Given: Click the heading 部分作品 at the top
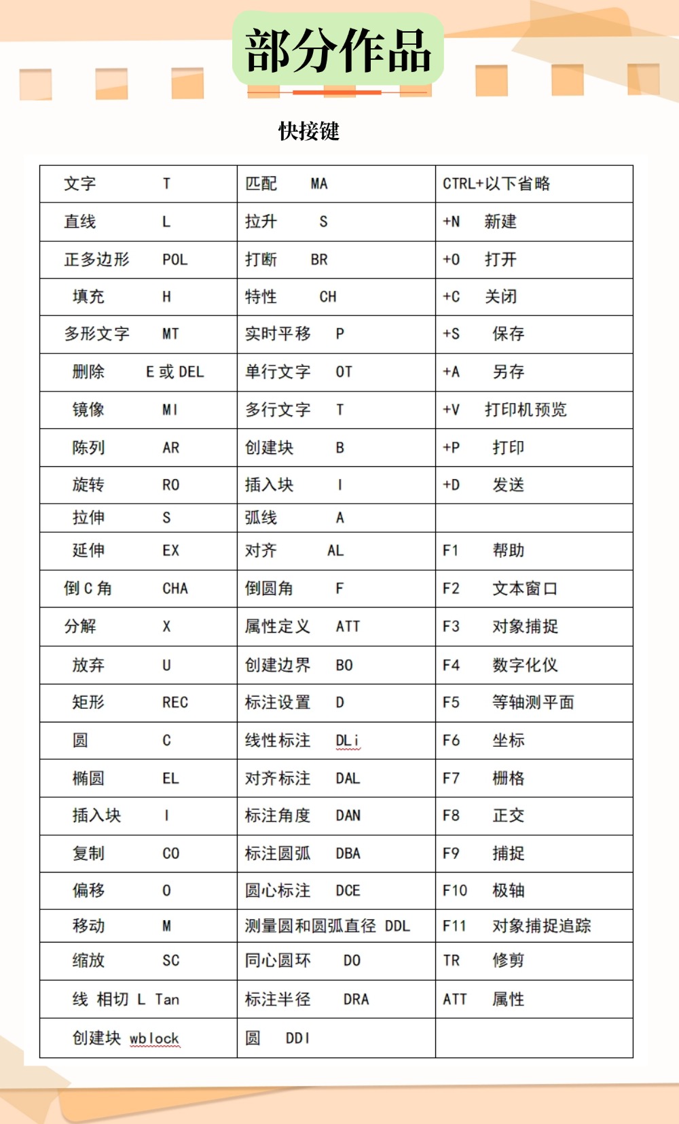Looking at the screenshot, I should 338,51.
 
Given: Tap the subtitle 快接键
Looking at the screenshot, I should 309,131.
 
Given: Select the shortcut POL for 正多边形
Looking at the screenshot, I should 175,260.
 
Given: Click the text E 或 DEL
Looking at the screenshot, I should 175,372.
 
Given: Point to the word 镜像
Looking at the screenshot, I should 88,410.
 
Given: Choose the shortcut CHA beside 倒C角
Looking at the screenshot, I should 175,589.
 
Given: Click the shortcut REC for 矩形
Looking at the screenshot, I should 175,703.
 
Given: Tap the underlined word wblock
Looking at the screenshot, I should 154,1038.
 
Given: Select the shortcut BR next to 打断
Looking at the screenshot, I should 319,260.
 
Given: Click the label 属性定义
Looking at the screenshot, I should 277,627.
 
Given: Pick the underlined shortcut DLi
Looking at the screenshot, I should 348,741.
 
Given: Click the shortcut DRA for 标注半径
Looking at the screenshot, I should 356,1000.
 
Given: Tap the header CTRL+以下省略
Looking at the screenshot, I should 496,183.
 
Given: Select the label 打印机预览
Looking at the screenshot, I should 526,410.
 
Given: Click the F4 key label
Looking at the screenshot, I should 451,665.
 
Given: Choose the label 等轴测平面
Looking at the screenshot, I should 533,703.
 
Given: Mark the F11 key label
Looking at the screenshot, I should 454,926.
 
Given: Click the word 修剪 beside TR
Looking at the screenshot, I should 508,961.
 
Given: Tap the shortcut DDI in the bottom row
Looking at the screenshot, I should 297,1038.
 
